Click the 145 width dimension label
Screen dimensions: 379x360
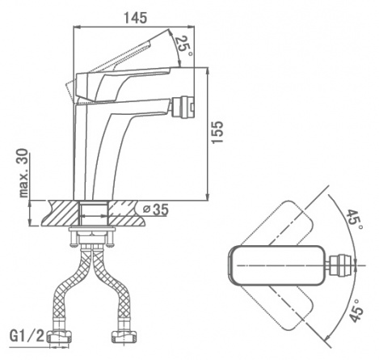pos(136,18)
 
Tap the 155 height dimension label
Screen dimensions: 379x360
pos(217,132)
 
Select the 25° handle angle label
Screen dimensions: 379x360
pos(183,45)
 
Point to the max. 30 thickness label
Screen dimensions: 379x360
pos(24,173)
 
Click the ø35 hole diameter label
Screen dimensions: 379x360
pos(156,210)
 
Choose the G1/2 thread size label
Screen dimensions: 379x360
pos(27,336)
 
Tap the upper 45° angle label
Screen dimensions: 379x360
pos(355,219)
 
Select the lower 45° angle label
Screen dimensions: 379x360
pos(357,310)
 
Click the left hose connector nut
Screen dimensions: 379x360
pos(60,337)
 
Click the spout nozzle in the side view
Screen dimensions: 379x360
pos(183,108)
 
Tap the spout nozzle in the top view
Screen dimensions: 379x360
pos(340,265)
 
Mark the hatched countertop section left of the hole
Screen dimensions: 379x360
pos(61,213)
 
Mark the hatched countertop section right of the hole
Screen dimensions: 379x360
pos(127,213)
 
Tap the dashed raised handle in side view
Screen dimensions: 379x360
pos(116,63)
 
